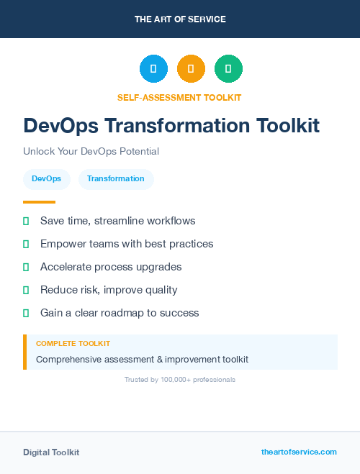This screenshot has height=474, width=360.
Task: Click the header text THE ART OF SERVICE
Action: tap(180, 19)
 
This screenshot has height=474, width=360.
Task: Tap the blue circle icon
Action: tap(153, 69)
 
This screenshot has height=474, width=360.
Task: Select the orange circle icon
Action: tap(191, 69)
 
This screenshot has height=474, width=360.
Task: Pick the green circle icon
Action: tap(228, 69)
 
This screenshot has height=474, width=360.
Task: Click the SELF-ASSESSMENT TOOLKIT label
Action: tap(179, 97)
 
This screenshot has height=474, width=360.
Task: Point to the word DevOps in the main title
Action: tap(61, 126)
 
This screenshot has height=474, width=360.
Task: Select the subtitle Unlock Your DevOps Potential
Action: tap(91, 152)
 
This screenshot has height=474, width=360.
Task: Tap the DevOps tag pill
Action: tap(47, 179)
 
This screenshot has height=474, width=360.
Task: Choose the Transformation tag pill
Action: tap(116, 179)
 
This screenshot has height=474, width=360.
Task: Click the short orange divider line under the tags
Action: tap(39, 202)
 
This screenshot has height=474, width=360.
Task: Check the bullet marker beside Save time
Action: tap(26, 221)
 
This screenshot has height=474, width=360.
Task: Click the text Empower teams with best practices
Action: tap(127, 244)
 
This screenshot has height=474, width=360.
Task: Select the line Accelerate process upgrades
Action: tap(111, 267)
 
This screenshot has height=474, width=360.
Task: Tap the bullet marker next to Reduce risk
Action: tap(26, 290)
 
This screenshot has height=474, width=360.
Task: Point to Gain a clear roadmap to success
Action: tap(120, 313)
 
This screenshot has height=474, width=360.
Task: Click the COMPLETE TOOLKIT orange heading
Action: tap(73, 344)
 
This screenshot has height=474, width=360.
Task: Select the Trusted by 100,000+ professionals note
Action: tap(180, 379)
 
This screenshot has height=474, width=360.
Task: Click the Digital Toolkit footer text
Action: tap(51, 452)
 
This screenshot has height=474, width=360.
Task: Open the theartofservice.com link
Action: tap(299, 452)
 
